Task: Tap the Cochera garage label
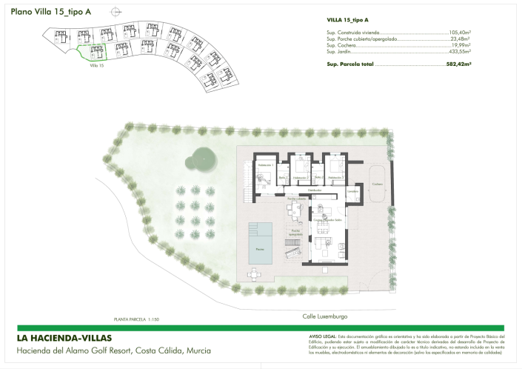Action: pos(377,184)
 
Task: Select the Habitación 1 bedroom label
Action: pos(265,164)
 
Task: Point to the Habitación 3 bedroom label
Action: pos(335,178)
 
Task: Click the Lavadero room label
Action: pos(353,192)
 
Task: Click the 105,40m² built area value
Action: pos(460,33)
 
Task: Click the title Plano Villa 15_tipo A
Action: pos(50,12)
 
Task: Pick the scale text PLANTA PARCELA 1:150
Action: pos(136,319)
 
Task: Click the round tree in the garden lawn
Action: pos(200,156)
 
